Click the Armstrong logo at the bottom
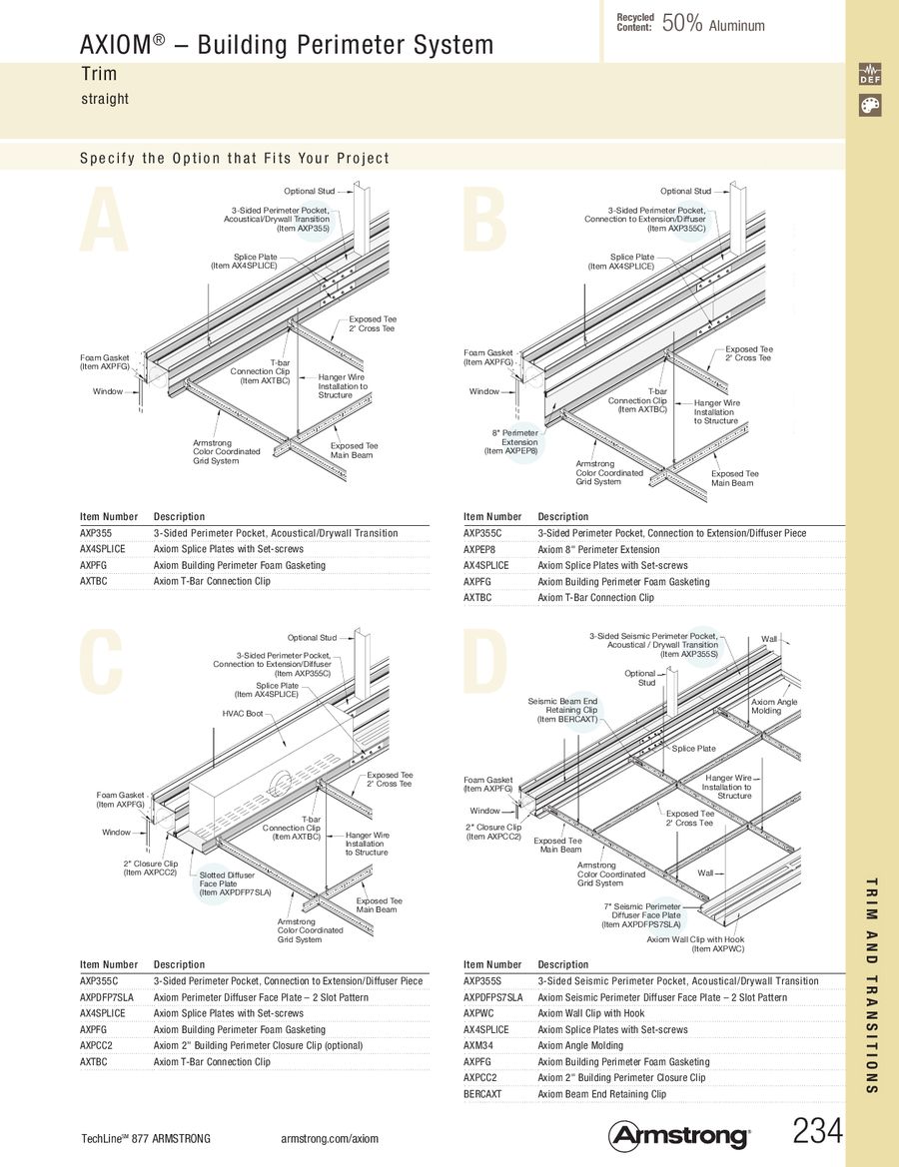coord(679,1135)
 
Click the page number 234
coord(818,1131)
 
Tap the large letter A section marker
coord(105,222)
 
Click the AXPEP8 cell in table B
coord(480,549)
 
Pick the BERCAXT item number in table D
coord(482,1094)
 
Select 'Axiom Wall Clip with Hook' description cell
coord(590,1013)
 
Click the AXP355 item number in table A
coord(96,533)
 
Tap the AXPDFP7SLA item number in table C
coord(107,997)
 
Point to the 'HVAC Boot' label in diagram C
coord(243,714)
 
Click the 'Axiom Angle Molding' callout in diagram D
coord(774,706)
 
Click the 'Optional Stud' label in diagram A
coord(310,191)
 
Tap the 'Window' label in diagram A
coord(108,391)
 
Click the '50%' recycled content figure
coord(681,24)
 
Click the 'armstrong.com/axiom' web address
coord(330,1139)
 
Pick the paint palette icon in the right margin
coord(869,105)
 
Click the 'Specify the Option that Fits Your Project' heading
coord(235,158)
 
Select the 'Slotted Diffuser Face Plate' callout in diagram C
coord(235,883)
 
